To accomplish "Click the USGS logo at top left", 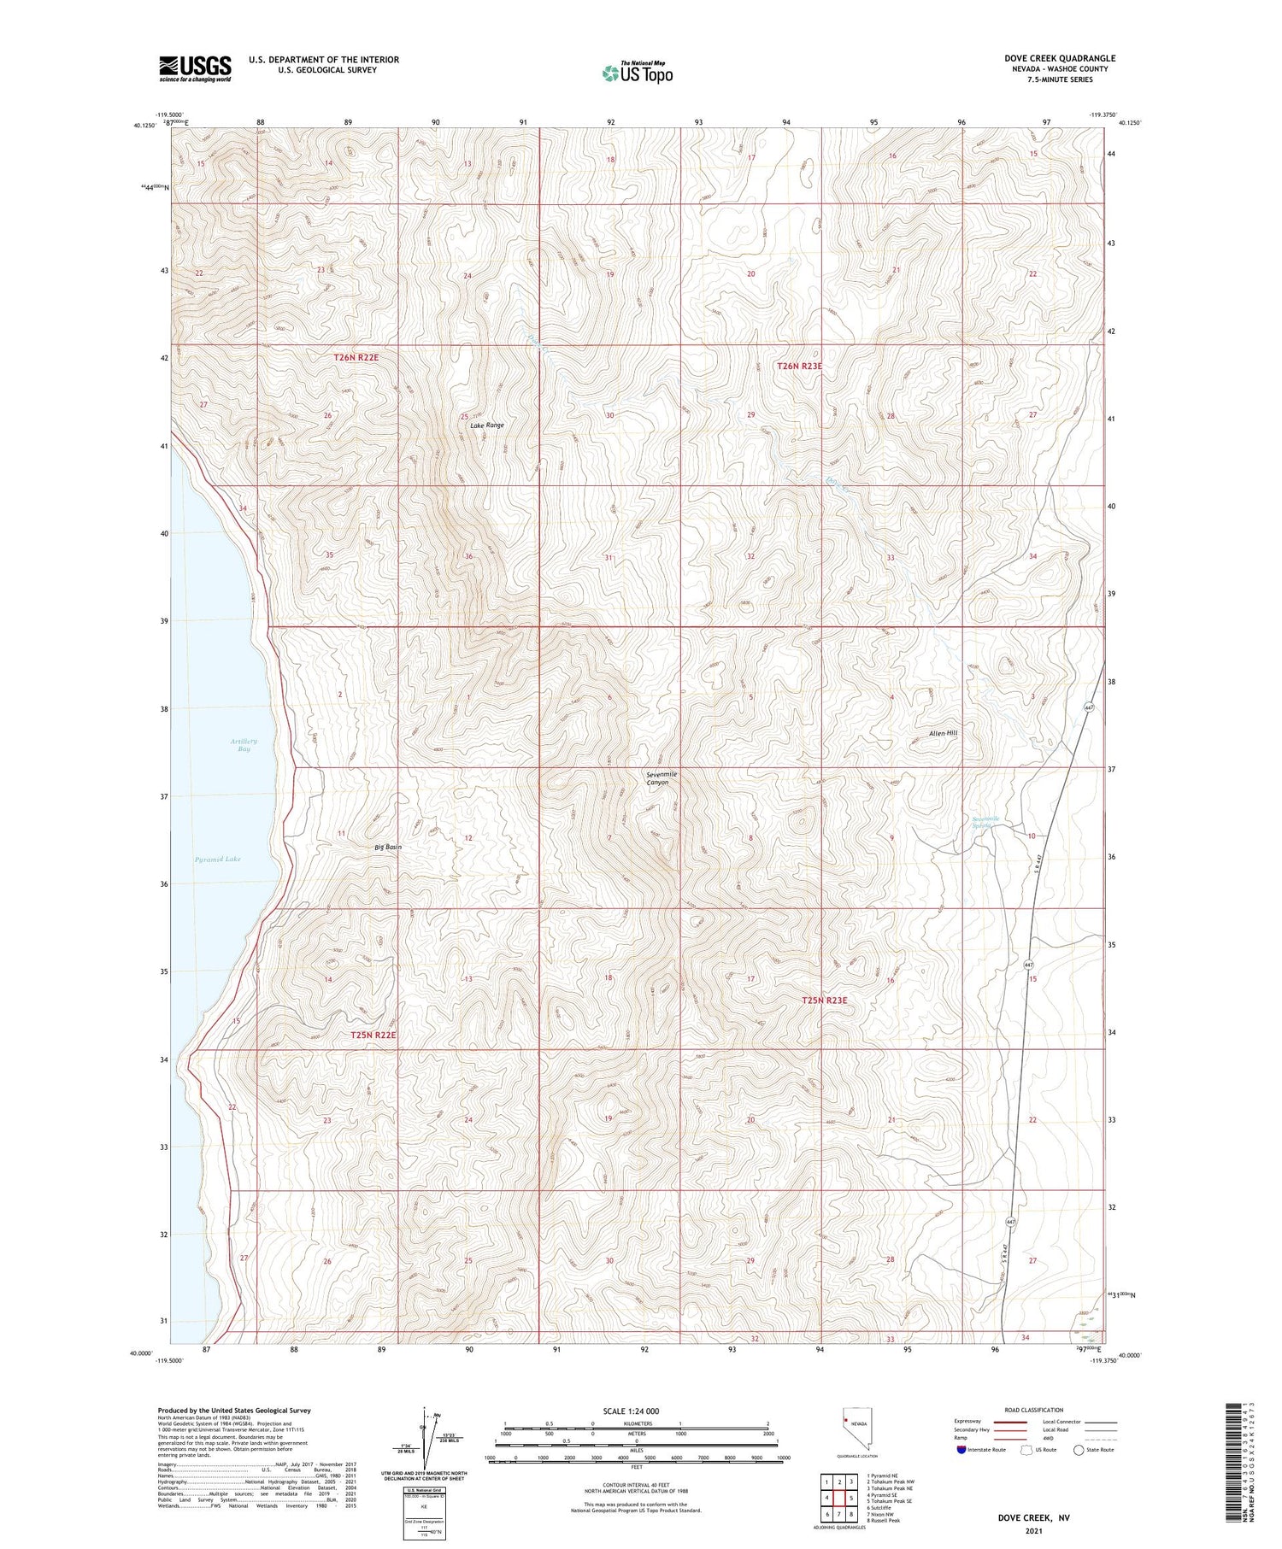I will [x=195, y=68].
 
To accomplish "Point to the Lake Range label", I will [x=487, y=425].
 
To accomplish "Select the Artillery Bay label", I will [x=244, y=744].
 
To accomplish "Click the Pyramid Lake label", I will [x=217, y=859].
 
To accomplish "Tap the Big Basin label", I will [x=388, y=847].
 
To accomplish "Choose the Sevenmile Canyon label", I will [x=661, y=777].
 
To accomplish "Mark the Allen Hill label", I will [x=944, y=733].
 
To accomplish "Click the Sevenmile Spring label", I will [x=985, y=822].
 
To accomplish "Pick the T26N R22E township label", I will [x=356, y=357].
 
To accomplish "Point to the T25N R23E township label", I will [x=824, y=1000].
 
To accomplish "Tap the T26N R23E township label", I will [x=799, y=366].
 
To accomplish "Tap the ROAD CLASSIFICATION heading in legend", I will [x=1034, y=1410].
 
